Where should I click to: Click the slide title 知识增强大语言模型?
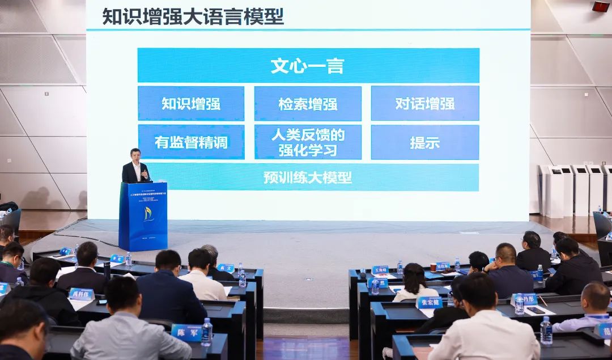coord(193,16)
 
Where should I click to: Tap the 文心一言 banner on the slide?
coord(308,66)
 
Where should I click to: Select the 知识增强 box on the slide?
coord(191,104)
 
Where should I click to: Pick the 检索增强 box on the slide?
coord(308,104)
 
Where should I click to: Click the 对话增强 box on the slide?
coord(425,104)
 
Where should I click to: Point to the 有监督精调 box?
coord(191,142)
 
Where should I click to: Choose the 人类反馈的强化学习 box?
coord(308,142)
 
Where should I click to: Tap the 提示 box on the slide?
coord(425,142)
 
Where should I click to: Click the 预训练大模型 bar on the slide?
coord(308,177)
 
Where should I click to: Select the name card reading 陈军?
coord(186,332)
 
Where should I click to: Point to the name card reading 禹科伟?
coord(81,294)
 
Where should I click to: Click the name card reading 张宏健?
coord(429,302)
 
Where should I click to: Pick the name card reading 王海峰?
coord(380,270)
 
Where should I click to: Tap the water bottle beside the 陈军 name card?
coord(207,332)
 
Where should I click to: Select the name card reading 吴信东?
coord(443,265)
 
